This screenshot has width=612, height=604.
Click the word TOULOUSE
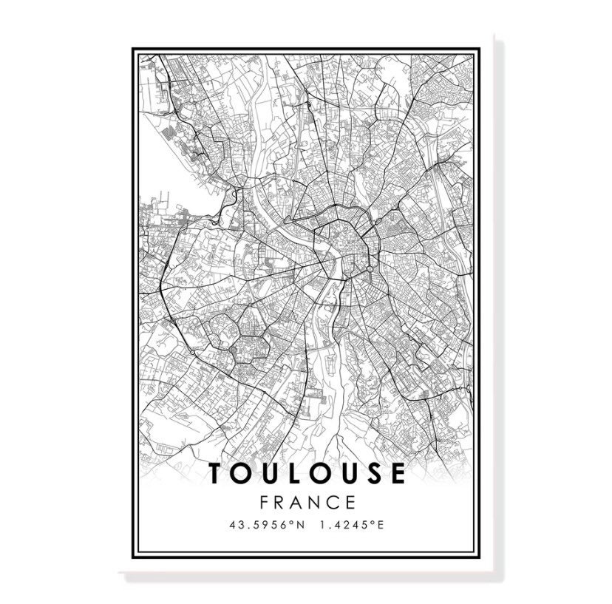pos(307,474)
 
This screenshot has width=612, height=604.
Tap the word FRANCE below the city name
pos(307,502)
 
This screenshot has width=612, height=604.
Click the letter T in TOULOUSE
pos(218,474)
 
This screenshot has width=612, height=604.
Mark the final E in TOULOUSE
pos(397,474)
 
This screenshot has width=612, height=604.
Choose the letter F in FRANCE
pos(265,502)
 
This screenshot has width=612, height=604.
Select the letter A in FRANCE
pos(299,502)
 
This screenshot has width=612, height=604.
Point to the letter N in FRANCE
pos(316,502)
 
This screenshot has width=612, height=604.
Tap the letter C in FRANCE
pos(334,502)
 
